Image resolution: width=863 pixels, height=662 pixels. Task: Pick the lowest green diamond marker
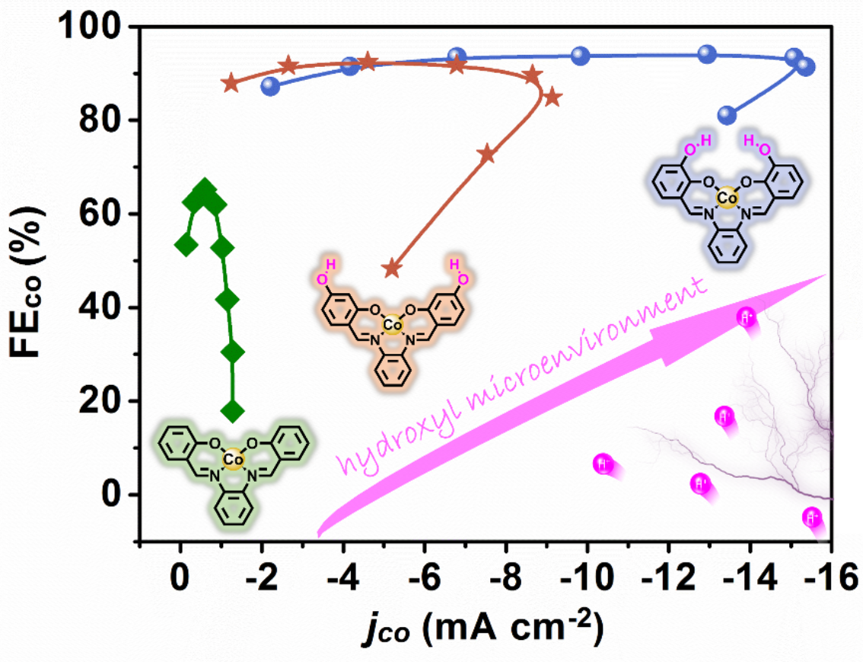[233, 411]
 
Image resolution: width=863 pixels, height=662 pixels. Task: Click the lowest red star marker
[392, 268]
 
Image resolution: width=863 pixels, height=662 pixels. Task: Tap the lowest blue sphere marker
[728, 115]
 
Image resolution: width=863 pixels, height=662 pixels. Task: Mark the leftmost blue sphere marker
[269, 86]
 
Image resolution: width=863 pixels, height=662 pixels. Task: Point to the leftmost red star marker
[231, 83]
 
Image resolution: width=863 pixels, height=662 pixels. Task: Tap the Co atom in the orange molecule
[392, 325]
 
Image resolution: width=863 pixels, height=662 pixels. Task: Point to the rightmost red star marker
[553, 97]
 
